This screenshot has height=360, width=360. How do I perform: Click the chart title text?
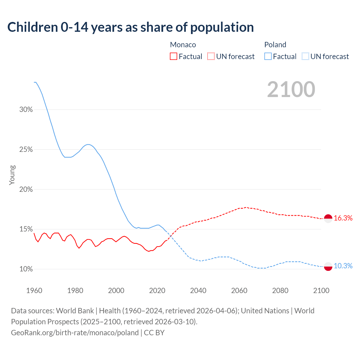click(130, 27)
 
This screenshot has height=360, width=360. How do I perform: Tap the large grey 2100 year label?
click(291, 89)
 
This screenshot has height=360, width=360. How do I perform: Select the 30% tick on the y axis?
click(26, 110)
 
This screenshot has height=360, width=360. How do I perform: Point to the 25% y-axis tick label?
click(26, 150)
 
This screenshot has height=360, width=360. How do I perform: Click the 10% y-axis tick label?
click(26, 269)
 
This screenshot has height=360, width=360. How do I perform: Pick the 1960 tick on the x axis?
click(34, 291)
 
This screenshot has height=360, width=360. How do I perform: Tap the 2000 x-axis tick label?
click(116, 291)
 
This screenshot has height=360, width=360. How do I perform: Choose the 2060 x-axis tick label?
click(239, 291)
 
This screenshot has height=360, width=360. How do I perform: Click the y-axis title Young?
click(12, 175)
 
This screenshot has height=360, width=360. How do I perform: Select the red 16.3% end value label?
click(343, 218)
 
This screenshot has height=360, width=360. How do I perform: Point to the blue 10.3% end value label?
click(343, 266)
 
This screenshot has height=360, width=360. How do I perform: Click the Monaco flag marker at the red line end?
click(328, 218)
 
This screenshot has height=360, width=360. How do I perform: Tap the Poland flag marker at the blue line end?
click(328, 266)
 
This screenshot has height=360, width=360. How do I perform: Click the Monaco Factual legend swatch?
click(174, 57)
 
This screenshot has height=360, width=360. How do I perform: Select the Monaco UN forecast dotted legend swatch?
click(211, 57)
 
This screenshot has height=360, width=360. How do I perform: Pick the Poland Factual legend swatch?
click(268, 57)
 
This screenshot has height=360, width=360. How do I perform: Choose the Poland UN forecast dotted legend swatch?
click(305, 57)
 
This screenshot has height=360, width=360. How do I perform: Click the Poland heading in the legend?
click(275, 45)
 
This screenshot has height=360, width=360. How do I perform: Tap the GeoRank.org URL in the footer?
click(75, 333)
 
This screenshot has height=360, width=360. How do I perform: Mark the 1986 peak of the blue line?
click(88, 145)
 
